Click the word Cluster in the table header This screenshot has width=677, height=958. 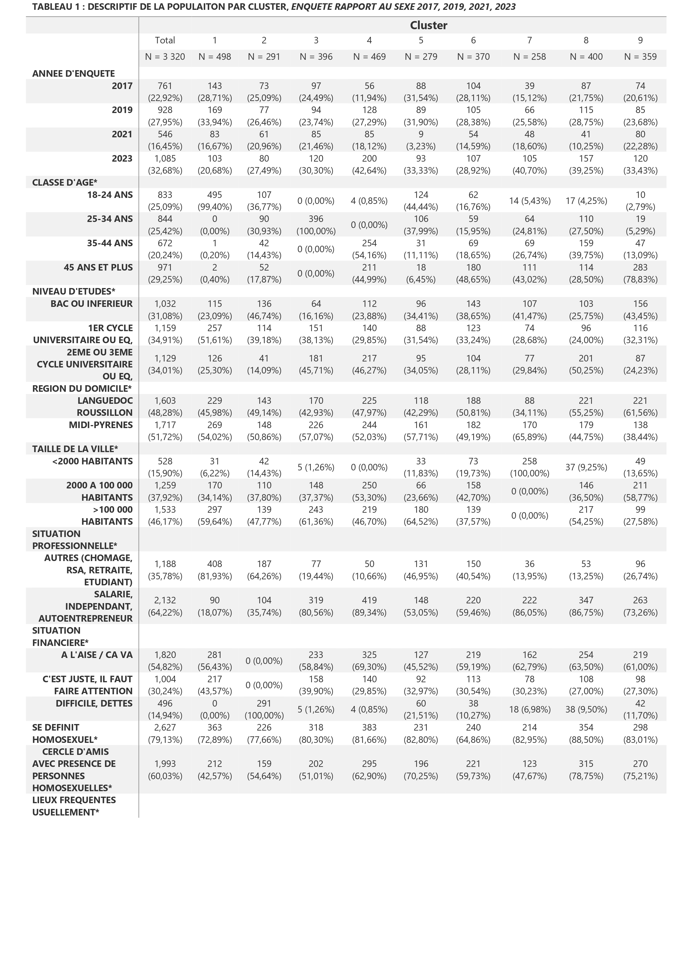pos(428,25)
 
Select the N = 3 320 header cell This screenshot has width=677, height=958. pos(165,57)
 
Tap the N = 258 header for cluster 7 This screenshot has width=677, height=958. pos(529,57)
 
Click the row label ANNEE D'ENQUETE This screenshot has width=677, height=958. pos(73,73)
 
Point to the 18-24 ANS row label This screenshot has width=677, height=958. pos(110,195)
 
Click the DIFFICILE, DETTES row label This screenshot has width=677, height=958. pos(94,704)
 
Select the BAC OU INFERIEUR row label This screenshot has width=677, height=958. pos(91,304)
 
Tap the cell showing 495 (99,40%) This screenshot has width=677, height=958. pos(214,201)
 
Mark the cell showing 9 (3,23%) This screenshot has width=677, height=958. pos(421,140)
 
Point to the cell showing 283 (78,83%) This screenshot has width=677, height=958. pos(640,273)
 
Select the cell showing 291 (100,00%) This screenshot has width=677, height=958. pos(264,709)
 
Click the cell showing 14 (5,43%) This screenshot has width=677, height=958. pos(529,201)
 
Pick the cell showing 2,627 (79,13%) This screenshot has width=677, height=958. pos(165,734)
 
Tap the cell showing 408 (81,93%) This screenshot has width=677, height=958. pos(214,570)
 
